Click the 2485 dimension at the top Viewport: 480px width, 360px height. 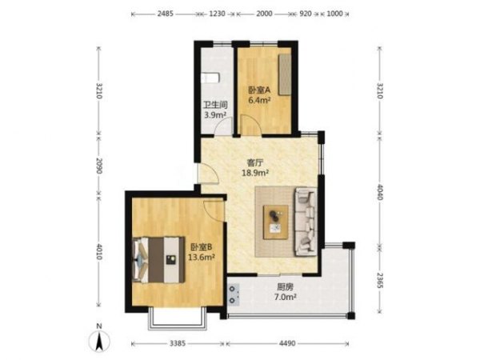[x=166, y=14]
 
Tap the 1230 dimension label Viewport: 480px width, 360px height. [x=217, y=14]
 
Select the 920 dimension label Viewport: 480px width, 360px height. [x=305, y=14]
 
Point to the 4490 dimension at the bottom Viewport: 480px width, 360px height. [x=287, y=343]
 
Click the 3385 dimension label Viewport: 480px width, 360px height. [x=178, y=343]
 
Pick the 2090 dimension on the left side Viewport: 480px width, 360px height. [x=99, y=166]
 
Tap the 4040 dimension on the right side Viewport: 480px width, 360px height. [x=379, y=192]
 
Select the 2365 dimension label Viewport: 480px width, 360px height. [x=379, y=280]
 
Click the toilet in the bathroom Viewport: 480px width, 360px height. [x=211, y=78]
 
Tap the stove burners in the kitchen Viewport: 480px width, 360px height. [x=234, y=294]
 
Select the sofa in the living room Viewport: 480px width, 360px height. [x=306, y=222]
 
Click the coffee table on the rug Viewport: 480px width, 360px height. [x=276, y=222]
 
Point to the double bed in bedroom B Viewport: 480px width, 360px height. [x=158, y=259]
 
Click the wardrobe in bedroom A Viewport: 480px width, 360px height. [x=285, y=74]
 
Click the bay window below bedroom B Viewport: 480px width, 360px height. [x=178, y=320]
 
